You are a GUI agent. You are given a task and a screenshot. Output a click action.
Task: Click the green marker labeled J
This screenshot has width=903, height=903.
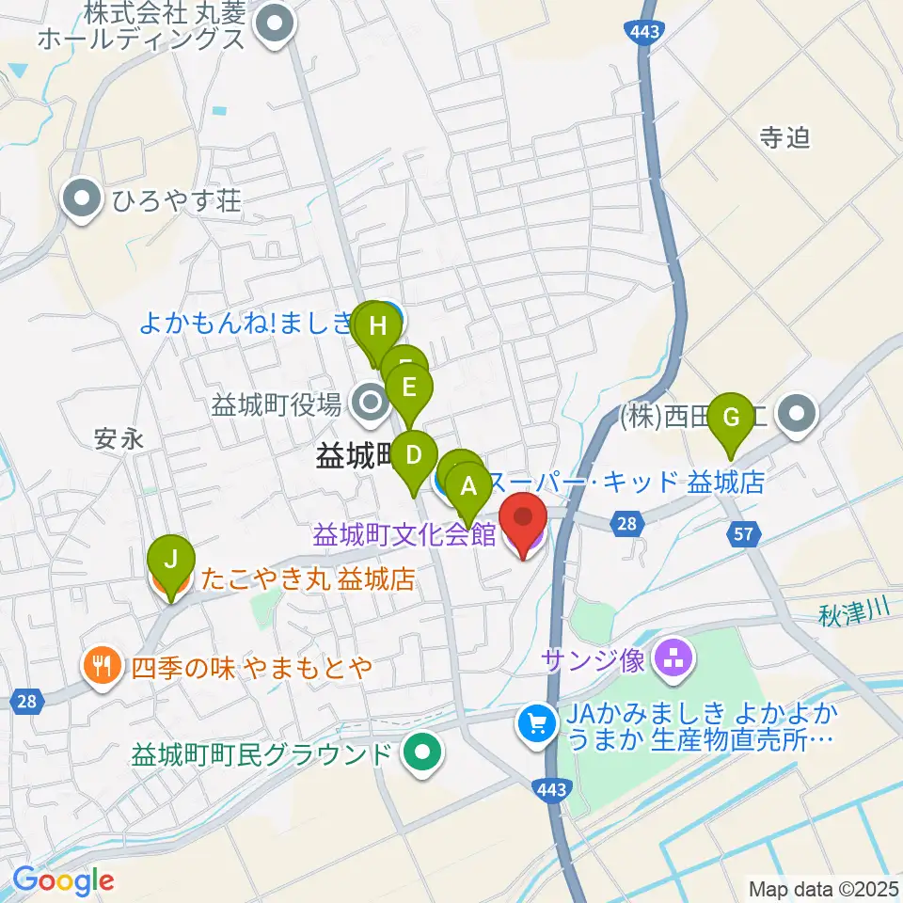tap(170, 560)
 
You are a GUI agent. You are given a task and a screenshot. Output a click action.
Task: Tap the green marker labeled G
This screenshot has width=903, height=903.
tap(731, 415)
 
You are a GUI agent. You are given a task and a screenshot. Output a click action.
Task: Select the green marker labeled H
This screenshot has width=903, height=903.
tap(377, 326)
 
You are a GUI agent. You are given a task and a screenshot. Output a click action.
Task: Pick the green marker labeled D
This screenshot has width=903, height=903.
tap(413, 455)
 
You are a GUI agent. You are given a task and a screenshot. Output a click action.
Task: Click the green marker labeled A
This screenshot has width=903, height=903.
tap(468, 486)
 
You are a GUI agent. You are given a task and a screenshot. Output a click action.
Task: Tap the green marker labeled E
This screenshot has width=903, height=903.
tap(408, 387)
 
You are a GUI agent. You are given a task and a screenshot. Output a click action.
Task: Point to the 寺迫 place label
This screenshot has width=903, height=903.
tap(784, 138)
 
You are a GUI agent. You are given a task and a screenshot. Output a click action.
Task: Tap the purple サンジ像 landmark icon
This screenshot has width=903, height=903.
tap(673, 658)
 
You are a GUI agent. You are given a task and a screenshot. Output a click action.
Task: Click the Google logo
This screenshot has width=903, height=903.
tap(63, 881)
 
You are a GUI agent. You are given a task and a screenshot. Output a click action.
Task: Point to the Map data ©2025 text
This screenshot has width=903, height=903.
tap(821, 887)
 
